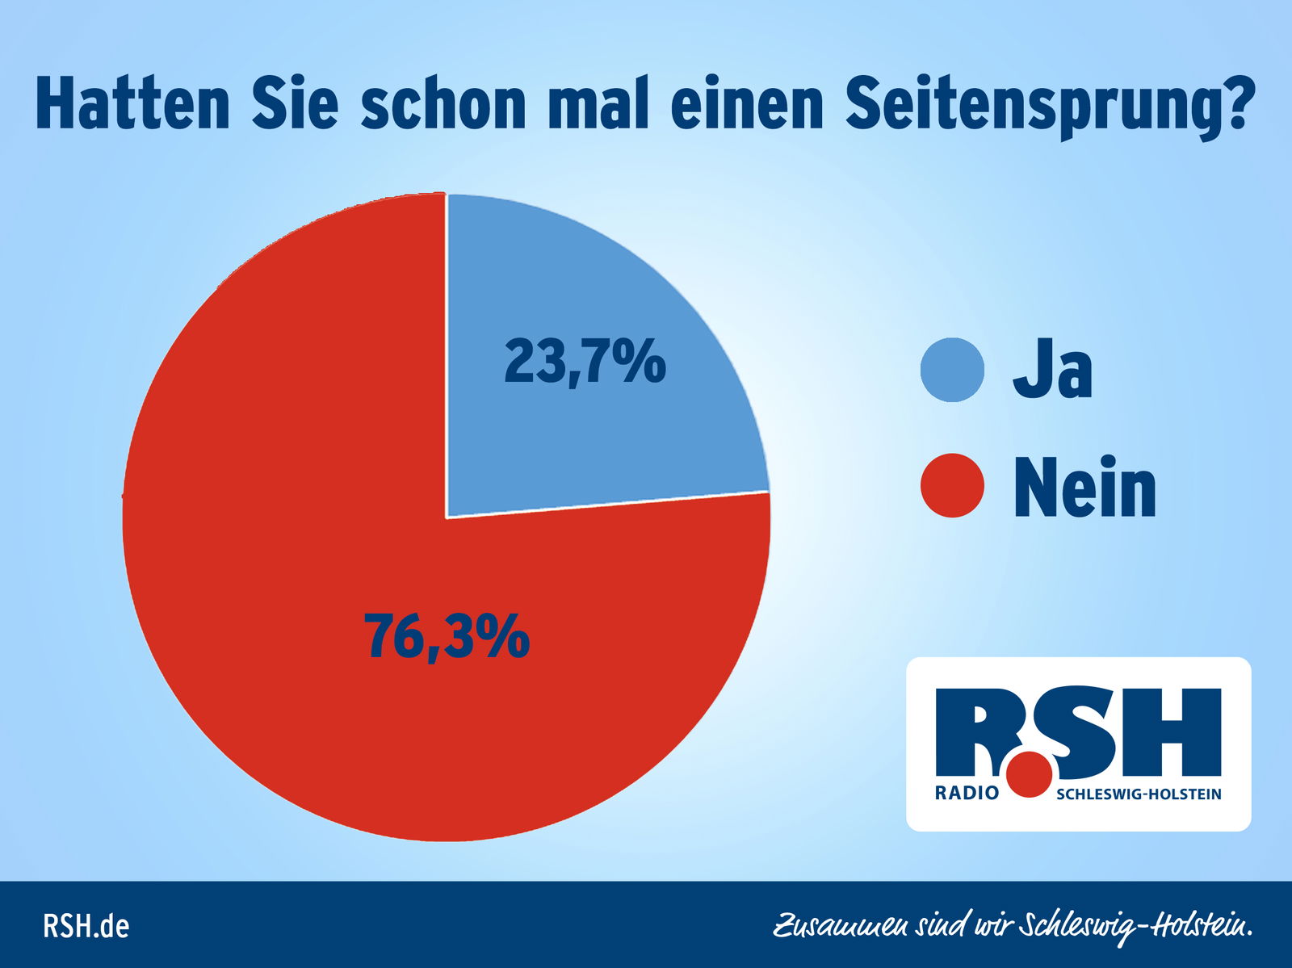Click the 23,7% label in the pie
[585, 362]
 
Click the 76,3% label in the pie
[447, 635]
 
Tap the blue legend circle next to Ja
[952, 370]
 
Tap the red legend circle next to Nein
[952, 485]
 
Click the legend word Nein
[1084, 487]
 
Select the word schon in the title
[443, 103]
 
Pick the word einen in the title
[746, 103]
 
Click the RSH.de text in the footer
[86, 925]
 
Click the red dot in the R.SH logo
[1030, 774]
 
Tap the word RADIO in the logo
[967, 793]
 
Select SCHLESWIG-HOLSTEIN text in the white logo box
[1139, 794]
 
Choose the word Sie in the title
[294, 103]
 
